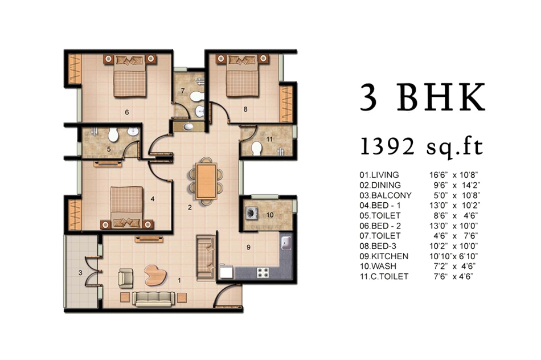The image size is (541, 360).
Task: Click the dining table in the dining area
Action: click(206, 181)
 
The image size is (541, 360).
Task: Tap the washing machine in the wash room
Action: click(251, 213)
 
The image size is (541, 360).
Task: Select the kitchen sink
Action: click(286, 243)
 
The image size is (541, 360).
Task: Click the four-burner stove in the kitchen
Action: click(263, 273)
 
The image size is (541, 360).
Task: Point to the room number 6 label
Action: click(127, 112)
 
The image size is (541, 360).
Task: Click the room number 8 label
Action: click(245, 109)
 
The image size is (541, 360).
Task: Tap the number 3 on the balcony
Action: click(80, 273)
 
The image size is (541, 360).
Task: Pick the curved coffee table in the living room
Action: click(155, 275)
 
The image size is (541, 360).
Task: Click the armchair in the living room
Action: click(125, 279)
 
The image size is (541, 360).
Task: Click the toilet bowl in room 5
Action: click(113, 135)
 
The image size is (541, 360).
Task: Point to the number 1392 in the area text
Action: click(387, 146)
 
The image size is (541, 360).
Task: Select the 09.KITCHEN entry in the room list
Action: click(384, 256)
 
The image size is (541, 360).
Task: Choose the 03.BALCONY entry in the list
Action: click(386, 195)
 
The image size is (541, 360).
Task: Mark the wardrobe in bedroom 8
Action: click(286, 103)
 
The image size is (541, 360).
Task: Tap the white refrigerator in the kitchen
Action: click(226, 271)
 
